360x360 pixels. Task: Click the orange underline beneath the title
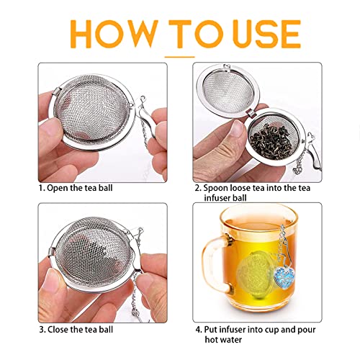pyautogui.click(x=180, y=55)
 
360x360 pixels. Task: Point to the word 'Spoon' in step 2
pyautogui.click(x=221, y=187)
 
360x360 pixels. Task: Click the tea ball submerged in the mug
pyautogui.click(x=255, y=278)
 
